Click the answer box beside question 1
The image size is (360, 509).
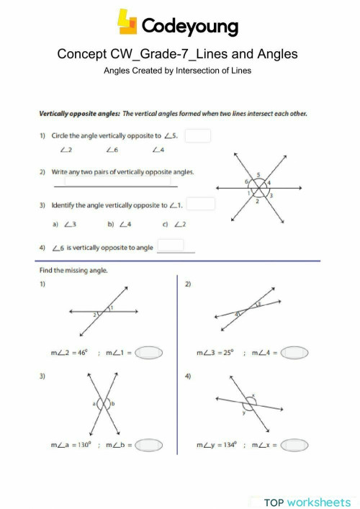pyautogui.click(x=201, y=135)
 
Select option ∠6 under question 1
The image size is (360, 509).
pyautogui.click(x=112, y=150)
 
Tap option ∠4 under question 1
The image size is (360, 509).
pyautogui.click(x=159, y=150)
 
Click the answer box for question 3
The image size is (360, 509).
pyautogui.click(x=202, y=204)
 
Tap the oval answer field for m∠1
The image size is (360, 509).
pyautogui.click(x=149, y=353)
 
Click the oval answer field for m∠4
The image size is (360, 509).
pyautogui.click(x=295, y=353)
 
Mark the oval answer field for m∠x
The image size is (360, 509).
pyautogui.click(x=294, y=445)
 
